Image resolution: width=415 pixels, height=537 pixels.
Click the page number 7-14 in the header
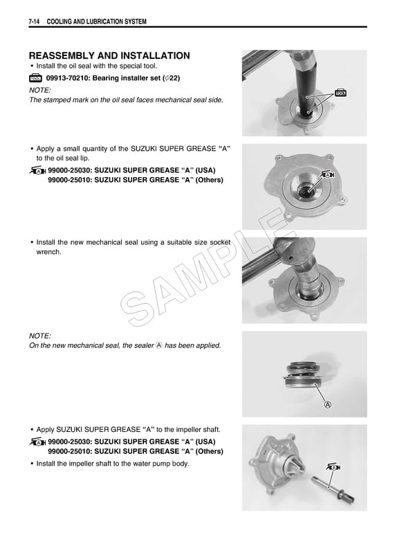coord(35,23)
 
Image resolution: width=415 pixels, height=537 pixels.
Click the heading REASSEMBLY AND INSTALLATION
coord(109,55)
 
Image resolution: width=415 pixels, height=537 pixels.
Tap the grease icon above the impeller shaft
coord(335,468)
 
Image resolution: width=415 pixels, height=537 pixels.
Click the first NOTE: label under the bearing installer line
coord(41,91)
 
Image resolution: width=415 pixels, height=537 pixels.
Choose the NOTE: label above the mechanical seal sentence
coord(41,334)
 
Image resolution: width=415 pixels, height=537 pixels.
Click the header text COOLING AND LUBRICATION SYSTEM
coord(96,23)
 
